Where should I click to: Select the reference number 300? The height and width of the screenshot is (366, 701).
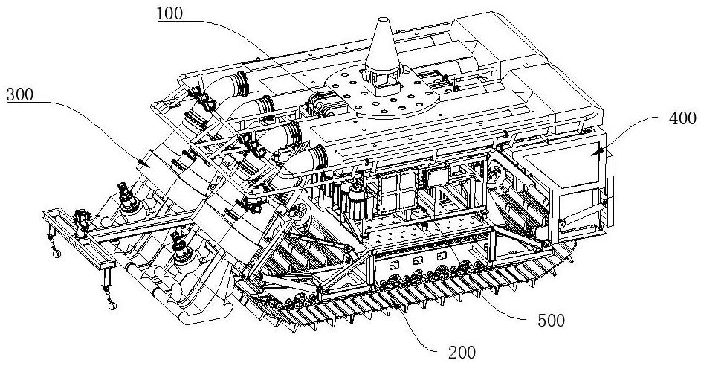pyautogui.click(x=22, y=94)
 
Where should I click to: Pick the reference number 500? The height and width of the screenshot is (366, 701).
pyautogui.click(x=549, y=321)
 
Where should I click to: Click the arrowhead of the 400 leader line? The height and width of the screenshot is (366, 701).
pyautogui.click(x=595, y=152)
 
